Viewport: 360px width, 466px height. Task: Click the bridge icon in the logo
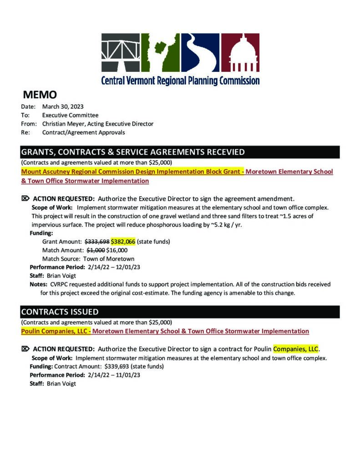click(x=120, y=52)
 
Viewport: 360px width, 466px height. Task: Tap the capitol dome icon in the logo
click(x=240, y=52)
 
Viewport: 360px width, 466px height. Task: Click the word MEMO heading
click(x=40, y=95)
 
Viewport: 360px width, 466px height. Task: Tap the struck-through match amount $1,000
click(x=96, y=250)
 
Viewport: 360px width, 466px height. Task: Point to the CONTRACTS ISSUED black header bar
click(x=180, y=312)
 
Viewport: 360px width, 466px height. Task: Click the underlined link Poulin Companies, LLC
click(x=54, y=331)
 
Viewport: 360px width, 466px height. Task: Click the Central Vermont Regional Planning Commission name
click(x=180, y=81)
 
